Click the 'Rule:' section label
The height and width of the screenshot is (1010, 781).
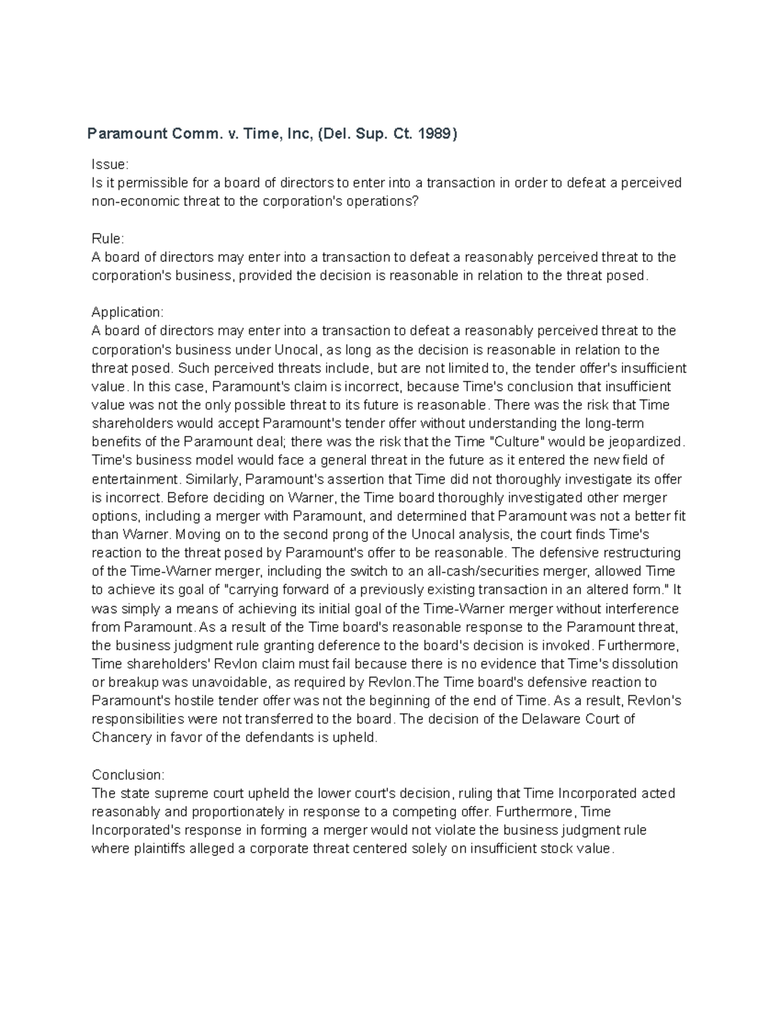(x=108, y=239)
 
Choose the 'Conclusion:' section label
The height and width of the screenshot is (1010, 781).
(x=129, y=775)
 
